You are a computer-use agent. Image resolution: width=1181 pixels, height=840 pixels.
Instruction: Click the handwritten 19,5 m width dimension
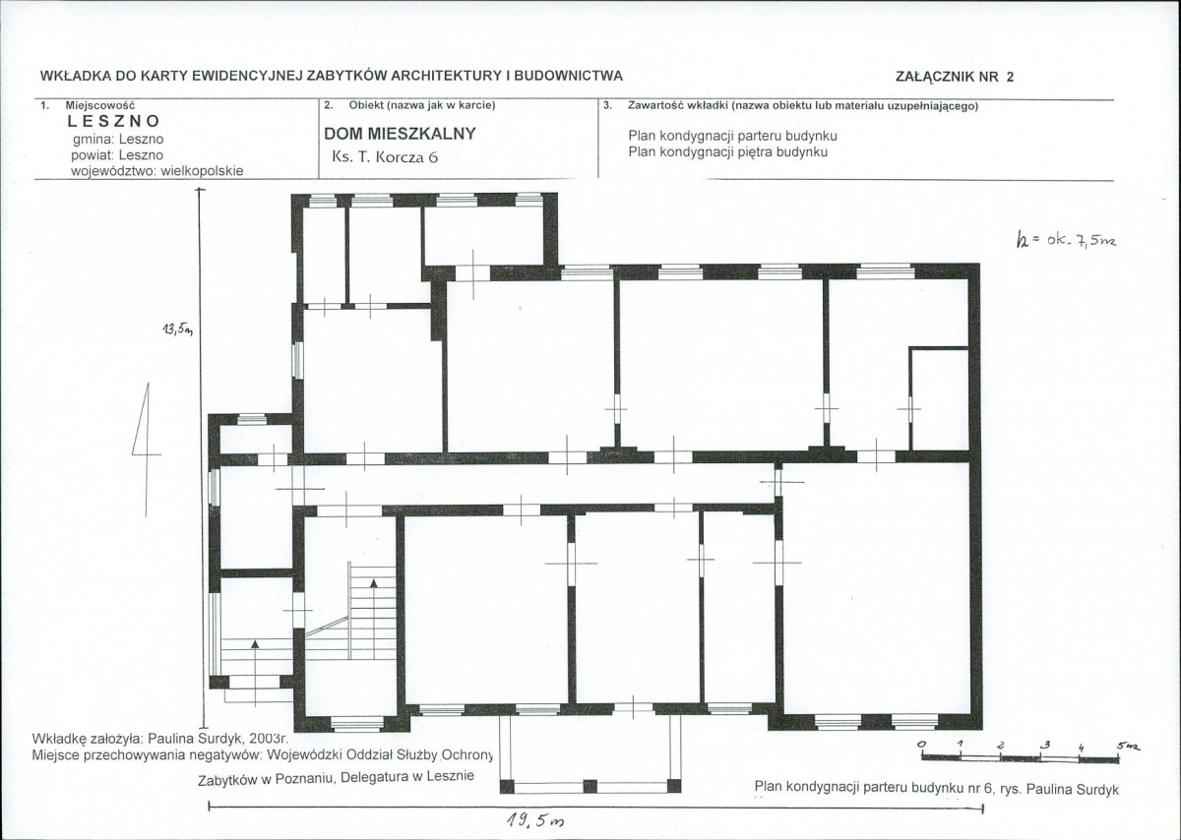[x=535, y=820]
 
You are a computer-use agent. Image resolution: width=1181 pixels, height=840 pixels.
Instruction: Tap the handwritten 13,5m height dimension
[x=178, y=330]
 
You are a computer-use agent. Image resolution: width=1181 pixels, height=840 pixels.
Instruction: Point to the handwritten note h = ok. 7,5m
[x=1066, y=241]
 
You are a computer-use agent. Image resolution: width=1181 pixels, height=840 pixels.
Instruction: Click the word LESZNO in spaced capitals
[x=113, y=121]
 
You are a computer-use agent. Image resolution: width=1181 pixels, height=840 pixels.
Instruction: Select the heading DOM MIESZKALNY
[x=400, y=134]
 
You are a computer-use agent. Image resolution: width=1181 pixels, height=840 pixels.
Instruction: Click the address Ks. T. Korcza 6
[x=385, y=157]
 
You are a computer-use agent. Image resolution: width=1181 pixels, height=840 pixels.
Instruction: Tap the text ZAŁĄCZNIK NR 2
[x=955, y=77]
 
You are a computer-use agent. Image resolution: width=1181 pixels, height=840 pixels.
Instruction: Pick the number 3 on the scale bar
[x=1044, y=746]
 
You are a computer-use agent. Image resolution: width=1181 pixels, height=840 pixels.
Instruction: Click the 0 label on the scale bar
[x=921, y=744]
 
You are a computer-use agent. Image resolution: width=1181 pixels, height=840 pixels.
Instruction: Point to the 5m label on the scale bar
[x=1128, y=747]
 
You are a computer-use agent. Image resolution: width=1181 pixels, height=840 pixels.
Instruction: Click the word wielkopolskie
[x=202, y=171]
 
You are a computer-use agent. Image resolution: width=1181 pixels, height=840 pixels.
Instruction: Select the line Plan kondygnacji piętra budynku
[x=727, y=152]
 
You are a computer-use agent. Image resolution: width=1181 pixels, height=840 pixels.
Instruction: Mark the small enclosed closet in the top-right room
[x=939, y=398]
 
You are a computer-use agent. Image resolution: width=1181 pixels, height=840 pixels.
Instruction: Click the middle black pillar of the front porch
[x=590, y=787]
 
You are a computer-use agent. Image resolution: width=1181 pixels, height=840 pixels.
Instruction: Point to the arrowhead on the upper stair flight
[x=374, y=583]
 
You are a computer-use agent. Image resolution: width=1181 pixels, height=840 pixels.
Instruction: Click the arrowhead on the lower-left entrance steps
[x=255, y=643]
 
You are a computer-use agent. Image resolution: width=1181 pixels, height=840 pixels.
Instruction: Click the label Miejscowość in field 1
[x=100, y=105]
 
